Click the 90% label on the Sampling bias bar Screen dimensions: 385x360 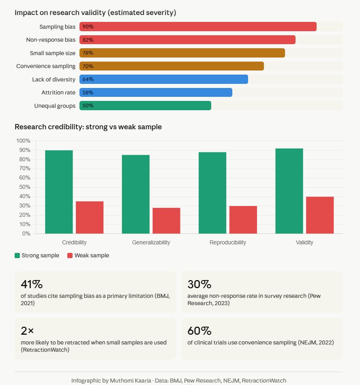88,27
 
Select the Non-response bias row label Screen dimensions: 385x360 51,40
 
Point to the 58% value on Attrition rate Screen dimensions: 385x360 88,92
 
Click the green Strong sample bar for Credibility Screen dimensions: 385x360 59,192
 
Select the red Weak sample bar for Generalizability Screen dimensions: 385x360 166,221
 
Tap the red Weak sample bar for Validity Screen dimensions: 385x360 320,215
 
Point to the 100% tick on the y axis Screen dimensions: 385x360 23,141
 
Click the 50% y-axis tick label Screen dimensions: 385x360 24,187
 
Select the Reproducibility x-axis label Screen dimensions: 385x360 227,242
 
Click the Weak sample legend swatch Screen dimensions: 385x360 70,255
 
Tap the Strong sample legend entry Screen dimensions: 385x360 37,255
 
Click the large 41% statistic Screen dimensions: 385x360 32,284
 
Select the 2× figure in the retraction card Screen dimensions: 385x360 27,331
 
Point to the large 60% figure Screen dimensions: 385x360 199,331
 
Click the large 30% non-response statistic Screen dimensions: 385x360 199,284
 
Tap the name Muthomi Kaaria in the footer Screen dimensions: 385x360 130,381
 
